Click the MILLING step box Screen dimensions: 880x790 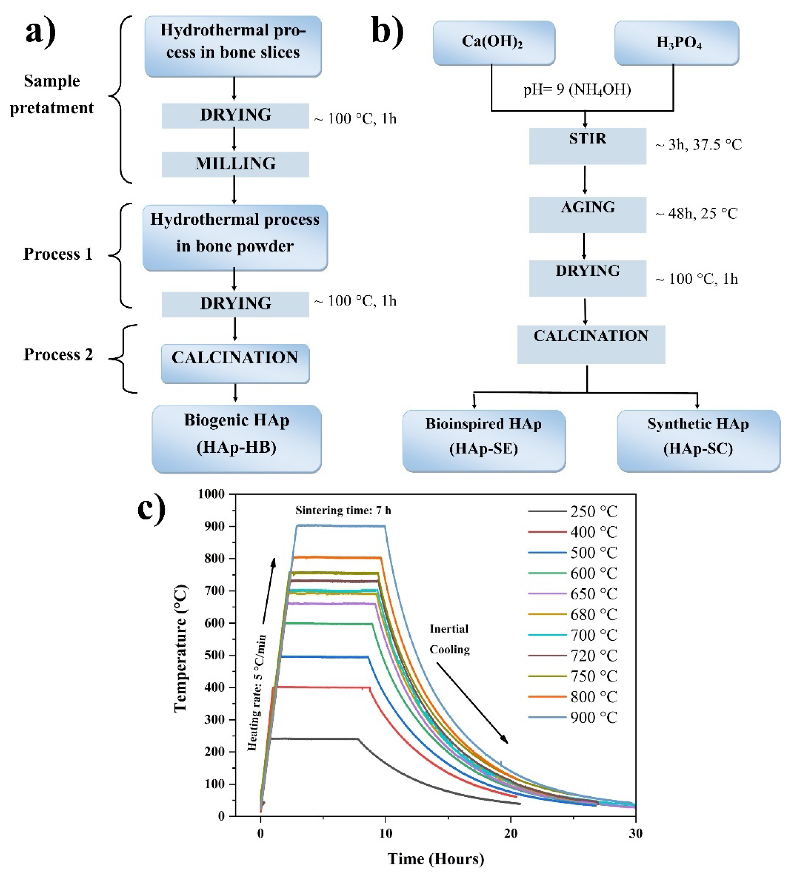(235, 164)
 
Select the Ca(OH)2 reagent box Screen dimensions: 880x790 (493, 43)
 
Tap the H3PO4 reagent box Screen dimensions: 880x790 (676, 43)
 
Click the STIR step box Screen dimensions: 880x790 (587, 145)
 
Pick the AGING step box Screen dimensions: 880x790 (587, 214)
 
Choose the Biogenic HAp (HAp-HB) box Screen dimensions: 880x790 (237, 438)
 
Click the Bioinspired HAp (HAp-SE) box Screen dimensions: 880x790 (483, 440)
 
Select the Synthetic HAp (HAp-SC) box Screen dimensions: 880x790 (698, 440)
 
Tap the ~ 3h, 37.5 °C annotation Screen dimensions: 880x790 (698, 144)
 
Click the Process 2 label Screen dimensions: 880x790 (58, 354)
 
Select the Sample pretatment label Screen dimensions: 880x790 (52, 94)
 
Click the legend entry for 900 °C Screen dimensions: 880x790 (593, 717)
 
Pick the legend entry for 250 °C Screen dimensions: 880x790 (593, 511)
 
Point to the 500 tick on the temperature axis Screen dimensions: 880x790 (214, 655)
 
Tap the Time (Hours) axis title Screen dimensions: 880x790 (435, 859)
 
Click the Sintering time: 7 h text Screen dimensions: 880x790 (343, 510)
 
